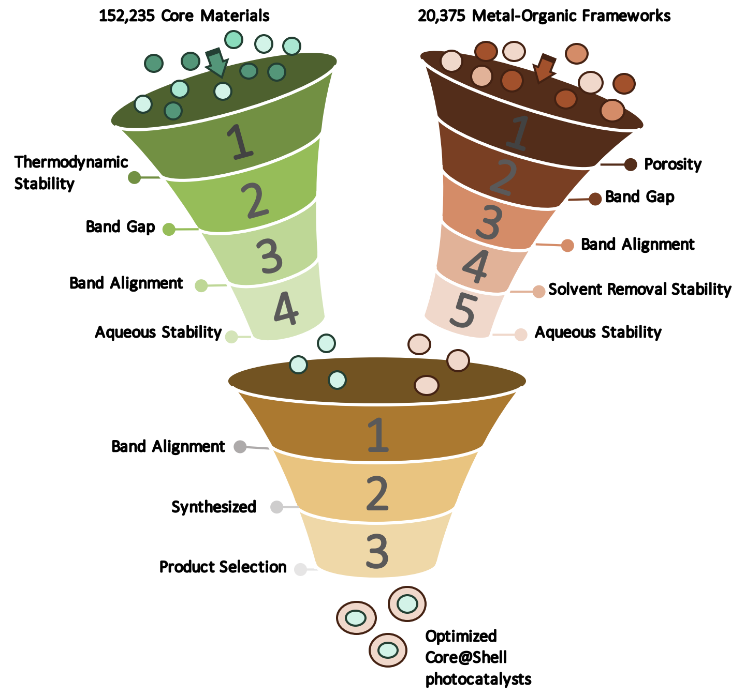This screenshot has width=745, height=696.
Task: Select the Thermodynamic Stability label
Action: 71,173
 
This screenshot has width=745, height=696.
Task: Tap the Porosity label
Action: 673,164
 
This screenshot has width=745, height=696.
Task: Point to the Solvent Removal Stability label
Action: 639,289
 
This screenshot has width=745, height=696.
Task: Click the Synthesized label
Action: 214,507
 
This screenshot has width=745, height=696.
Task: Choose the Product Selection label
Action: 223,567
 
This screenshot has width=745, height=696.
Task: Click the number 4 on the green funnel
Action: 286,309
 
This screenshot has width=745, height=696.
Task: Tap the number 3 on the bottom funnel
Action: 377,552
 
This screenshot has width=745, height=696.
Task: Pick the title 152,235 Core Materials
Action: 184,16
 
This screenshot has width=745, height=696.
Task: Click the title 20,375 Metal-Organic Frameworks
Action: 544,16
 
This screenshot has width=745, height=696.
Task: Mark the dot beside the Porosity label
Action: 631,164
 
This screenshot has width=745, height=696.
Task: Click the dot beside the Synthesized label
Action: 277,507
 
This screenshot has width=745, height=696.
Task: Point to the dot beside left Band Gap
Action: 169,229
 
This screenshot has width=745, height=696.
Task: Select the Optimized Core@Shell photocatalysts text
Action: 478,657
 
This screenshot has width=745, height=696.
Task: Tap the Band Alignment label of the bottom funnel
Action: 168,446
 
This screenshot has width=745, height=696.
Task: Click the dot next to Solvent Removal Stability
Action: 539,291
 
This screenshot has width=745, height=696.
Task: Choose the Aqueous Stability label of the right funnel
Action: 598,332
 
